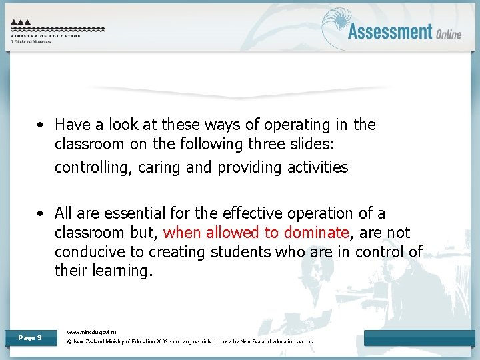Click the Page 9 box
[x=30, y=338]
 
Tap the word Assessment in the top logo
[x=390, y=31]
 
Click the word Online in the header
[x=449, y=33]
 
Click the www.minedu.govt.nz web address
[x=92, y=331]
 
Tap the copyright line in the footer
[x=190, y=342]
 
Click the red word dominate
[x=316, y=233]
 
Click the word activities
[x=317, y=167]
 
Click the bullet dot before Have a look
[x=41, y=125]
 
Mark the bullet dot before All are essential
[x=41, y=214]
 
